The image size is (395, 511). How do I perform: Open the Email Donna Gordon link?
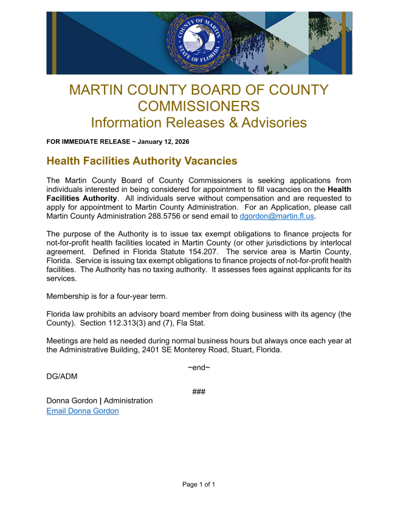[x=83, y=411]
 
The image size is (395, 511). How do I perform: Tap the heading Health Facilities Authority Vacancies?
[x=142, y=161]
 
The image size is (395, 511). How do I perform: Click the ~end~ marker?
[x=199, y=368]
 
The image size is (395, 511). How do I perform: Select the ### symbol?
[x=199, y=391]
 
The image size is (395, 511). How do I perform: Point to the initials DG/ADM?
[x=62, y=376]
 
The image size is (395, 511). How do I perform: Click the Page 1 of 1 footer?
[x=199, y=484]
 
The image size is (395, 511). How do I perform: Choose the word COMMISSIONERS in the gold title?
[x=199, y=106]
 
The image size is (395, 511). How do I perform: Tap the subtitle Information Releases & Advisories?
[x=199, y=122]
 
